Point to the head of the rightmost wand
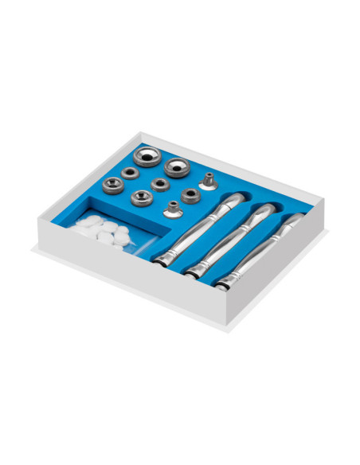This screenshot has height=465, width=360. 295,220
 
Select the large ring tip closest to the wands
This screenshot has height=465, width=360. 177,167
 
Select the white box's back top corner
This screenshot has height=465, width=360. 140,133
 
